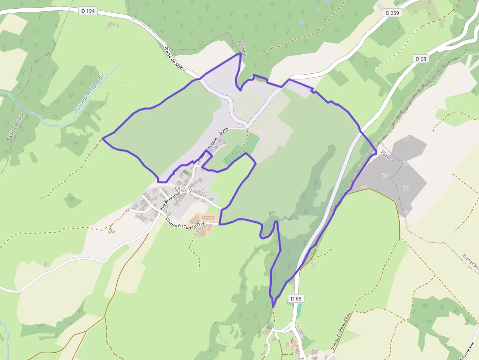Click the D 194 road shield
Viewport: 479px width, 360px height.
[x=87, y=11]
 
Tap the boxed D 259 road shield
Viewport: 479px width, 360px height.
[x=392, y=13]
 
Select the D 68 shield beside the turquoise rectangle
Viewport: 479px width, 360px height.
[x=295, y=298]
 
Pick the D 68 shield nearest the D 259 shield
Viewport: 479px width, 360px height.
[x=420, y=59]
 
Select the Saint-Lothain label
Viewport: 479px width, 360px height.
[x=11, y=127]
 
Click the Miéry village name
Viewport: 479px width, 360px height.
[x=183, y=190]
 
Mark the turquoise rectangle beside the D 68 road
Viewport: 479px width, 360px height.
[x=299, y=311]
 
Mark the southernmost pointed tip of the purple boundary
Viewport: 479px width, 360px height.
[x=273, y=307]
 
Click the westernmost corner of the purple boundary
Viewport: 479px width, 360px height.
[x=103, y=139]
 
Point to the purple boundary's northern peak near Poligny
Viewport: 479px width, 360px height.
[x=240, y=53]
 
